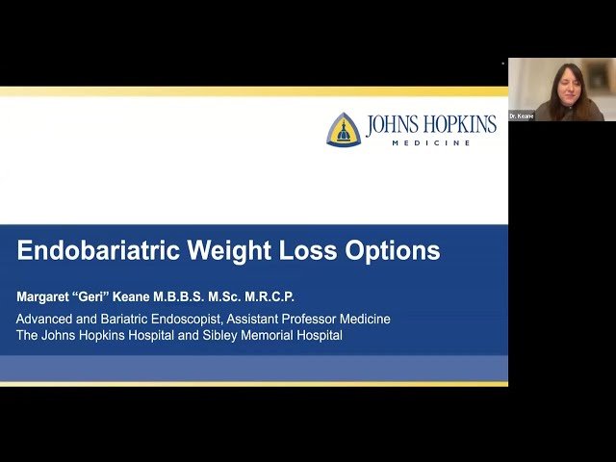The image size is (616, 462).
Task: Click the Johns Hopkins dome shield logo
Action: (x=344, y=129)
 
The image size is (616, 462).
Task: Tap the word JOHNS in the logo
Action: (x=397, y=125)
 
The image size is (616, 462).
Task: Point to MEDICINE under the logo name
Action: (x=431, y=142)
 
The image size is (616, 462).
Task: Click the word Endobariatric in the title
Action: (x=100, y=251)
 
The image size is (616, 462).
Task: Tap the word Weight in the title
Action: (x=239, y=251)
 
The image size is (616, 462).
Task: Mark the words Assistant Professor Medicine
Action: (x=309, y=319)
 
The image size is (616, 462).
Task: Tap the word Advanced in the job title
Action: (x=44, y=319)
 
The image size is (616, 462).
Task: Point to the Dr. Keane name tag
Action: (x=522, y=115)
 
